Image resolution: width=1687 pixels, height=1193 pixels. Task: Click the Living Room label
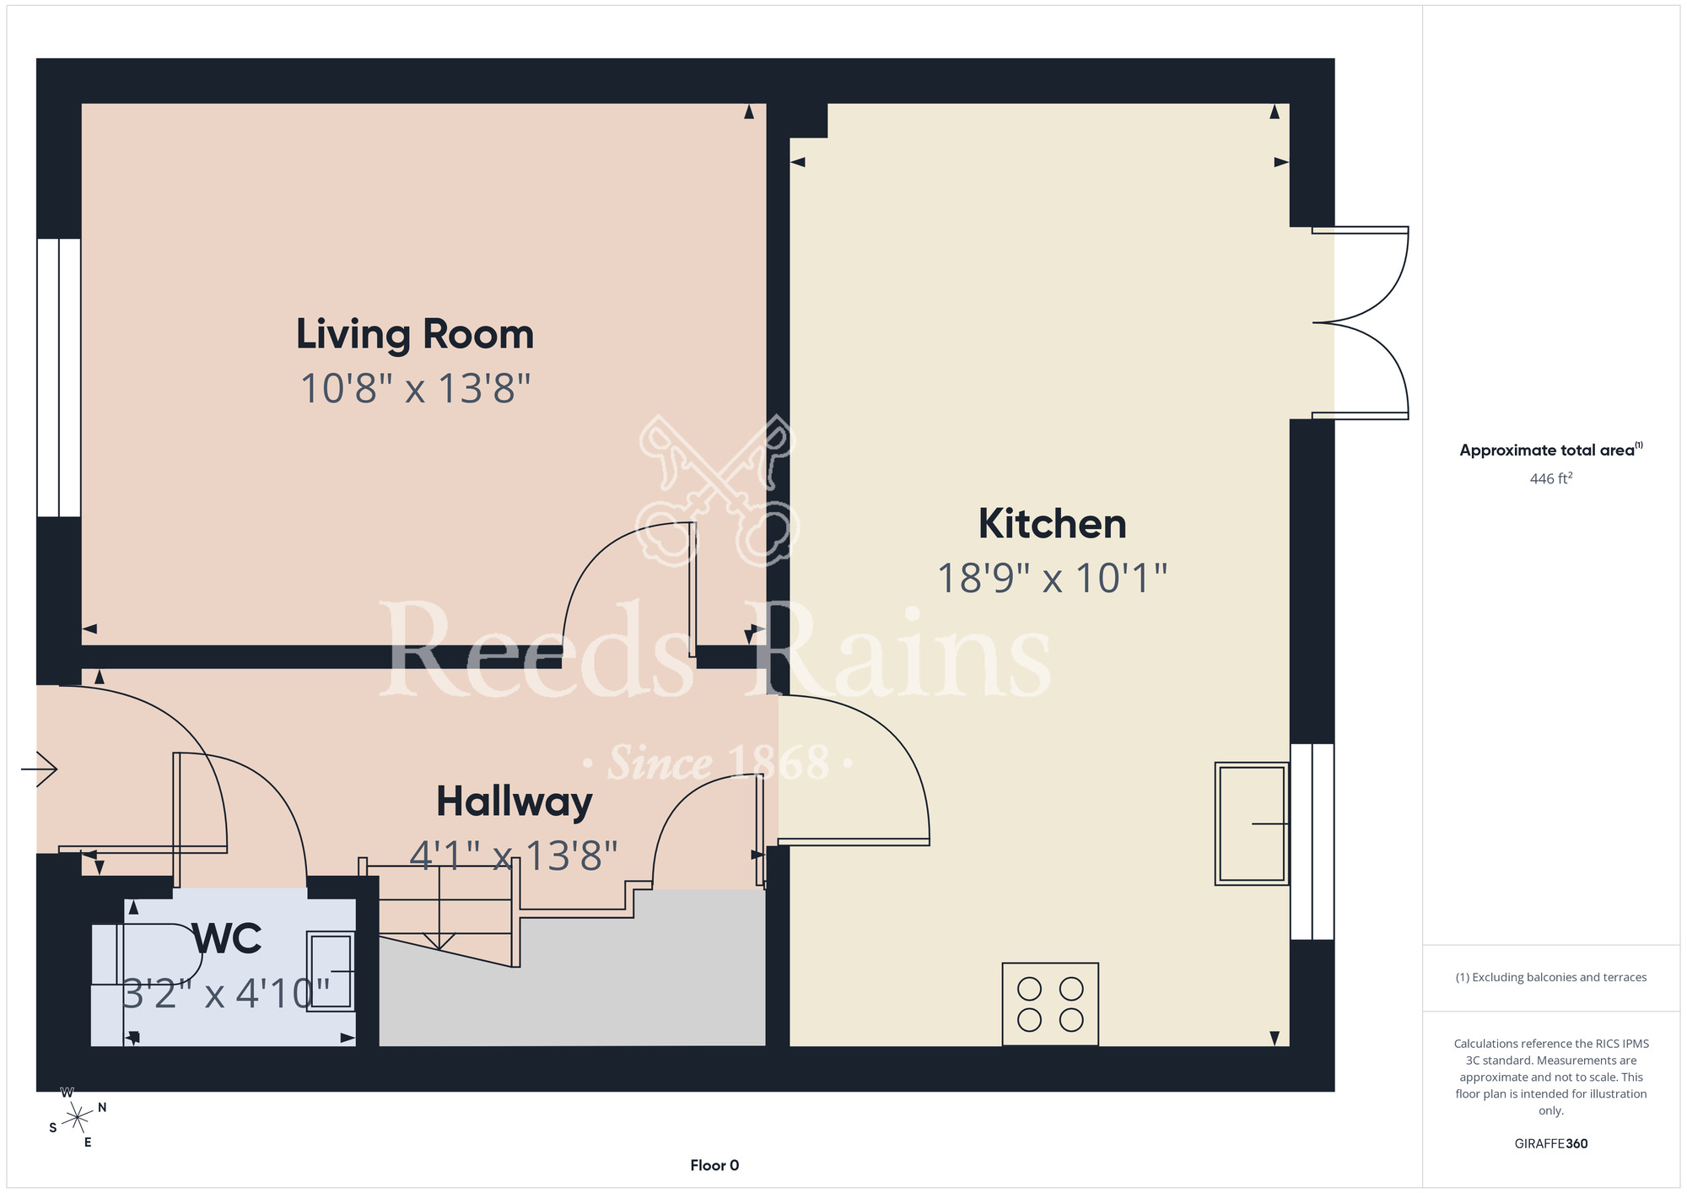point(415,334)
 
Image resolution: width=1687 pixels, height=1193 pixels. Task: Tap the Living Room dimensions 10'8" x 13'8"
point(415,389)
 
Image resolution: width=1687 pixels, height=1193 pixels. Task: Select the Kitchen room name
point(1052,524)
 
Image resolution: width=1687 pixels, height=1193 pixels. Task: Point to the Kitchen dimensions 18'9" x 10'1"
point(1052,579)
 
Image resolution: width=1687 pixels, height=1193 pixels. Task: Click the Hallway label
point(514,802)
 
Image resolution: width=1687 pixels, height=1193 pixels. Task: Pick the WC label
point(227,938)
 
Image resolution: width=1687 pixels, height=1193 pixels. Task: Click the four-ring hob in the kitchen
point(1050,1004)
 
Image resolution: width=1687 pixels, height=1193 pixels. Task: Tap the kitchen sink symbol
point(1252,823)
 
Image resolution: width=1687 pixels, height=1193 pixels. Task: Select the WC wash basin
point(330,971)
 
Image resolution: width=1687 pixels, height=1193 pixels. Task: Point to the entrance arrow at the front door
point(39,769)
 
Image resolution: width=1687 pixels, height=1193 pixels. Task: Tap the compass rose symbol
point(77,1118)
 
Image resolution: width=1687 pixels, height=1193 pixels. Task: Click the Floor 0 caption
point(714,1165)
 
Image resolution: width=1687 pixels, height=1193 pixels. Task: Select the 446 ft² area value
point(1551,478)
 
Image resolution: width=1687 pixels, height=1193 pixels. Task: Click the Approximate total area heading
point(1551,450)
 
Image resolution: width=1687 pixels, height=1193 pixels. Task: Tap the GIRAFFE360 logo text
point(1551,1144)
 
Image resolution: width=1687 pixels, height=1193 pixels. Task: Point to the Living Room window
point(59,377)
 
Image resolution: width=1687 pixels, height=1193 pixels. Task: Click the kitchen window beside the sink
point(1312,841)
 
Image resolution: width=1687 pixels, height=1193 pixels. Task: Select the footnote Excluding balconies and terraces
point(1551,977)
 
